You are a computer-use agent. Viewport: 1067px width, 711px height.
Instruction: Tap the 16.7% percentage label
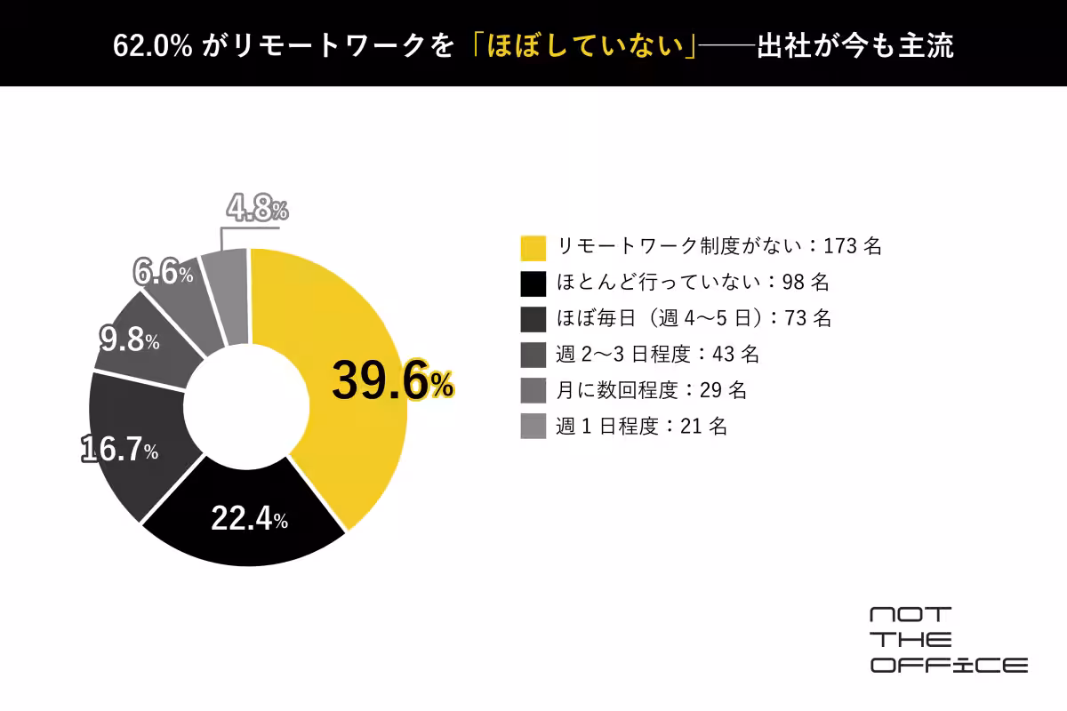[x=119, y=449]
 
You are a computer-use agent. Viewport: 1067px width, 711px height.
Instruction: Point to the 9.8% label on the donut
[x=130, y=340]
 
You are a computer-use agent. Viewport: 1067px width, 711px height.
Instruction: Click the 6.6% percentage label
[x=164, y=271]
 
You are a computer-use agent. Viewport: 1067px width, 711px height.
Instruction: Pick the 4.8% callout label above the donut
[x=258, y=208]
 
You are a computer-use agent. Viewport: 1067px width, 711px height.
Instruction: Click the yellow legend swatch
[x=533, y=248]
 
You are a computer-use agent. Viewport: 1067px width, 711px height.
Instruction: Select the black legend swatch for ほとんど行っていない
[x=533, y=284]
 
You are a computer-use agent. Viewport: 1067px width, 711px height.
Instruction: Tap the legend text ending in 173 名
[x=719, y=246]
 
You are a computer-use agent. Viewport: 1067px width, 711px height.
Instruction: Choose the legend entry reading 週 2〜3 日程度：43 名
[x=657, y=355]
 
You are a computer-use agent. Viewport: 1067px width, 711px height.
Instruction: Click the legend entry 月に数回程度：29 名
[x=651, y=390]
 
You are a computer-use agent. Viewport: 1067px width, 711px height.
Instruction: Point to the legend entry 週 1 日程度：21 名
[x=642, y=427]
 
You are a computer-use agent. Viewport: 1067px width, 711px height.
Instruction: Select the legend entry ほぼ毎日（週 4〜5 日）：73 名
[x=694, y=318]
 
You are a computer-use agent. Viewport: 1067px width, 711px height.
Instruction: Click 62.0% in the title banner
[x=152, y=46]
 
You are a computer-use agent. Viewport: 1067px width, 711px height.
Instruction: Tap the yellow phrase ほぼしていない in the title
[x=586, y=46]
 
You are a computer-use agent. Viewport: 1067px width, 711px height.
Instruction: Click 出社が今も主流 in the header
[x=855, y=46]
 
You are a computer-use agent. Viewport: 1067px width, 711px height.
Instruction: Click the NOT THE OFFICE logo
[x=949, y=640]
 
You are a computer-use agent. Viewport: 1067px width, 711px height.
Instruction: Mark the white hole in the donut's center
[x=247, y=407]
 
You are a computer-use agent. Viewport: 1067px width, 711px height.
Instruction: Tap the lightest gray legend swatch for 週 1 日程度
[x=533, y=426]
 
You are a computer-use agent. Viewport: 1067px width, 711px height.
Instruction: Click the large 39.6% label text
[x=392, y=381]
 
